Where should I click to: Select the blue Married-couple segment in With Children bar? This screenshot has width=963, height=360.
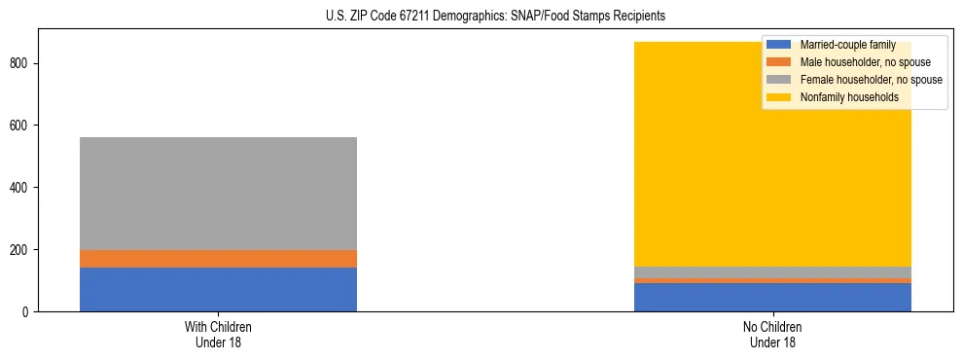[218, 289]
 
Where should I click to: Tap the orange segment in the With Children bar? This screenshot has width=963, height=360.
[218, 259]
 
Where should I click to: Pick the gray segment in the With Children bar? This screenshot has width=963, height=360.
[218, 194]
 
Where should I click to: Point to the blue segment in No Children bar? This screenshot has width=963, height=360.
[772, 297]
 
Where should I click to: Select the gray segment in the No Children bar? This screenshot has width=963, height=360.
[772, 272]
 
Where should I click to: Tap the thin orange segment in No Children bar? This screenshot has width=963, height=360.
[772, 280]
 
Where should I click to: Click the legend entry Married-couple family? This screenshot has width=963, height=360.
[847, 45]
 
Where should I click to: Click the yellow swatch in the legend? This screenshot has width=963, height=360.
[779, 97]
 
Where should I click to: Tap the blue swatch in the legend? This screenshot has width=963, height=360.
[779, 45]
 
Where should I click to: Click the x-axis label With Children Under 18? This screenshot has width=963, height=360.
[218, 334]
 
